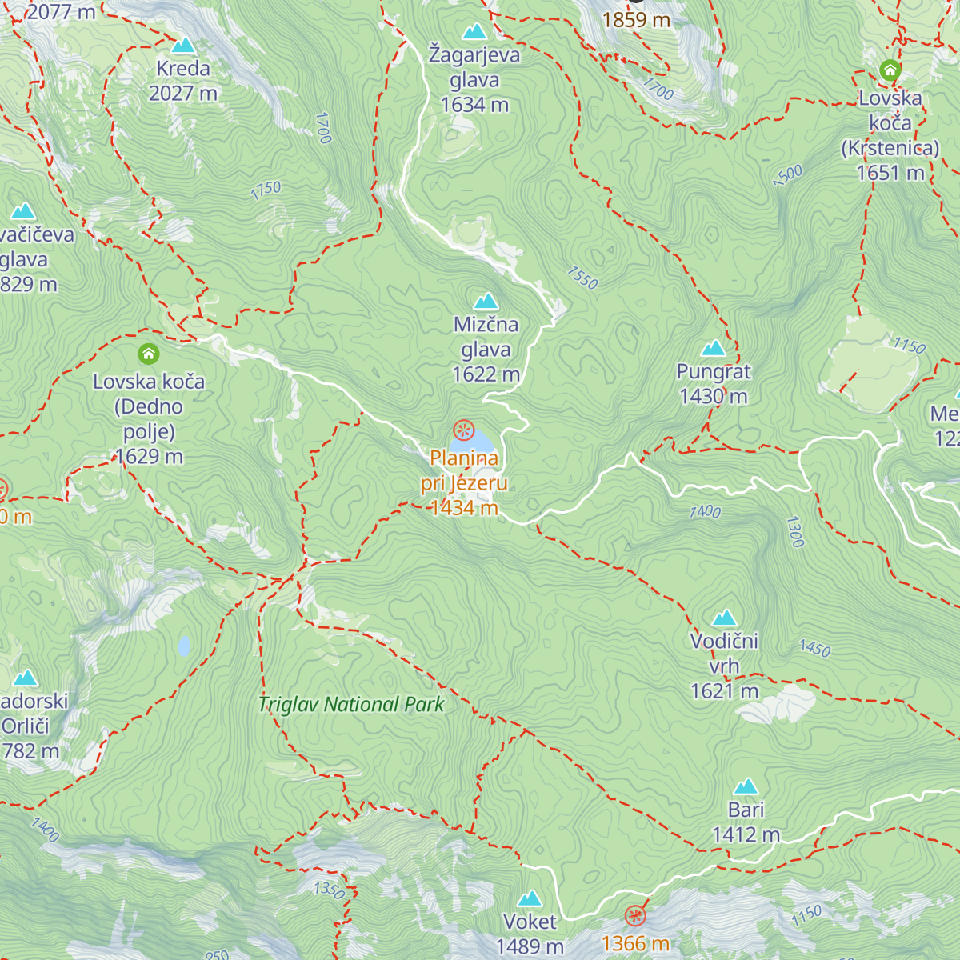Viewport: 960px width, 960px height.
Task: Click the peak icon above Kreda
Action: pyautogui.click(x=183, y=46)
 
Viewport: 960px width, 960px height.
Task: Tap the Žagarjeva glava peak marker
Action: pyautogui.click(x=474, y=32)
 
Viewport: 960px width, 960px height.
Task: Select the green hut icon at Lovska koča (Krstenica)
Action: pyautogui.click(x=890, y=70)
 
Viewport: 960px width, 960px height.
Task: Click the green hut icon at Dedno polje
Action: pyautogui.click(x=148, y=354)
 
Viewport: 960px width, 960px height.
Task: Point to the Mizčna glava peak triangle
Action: pyautogui.click(x=486, y=302)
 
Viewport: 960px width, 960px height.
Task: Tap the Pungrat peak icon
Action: pyautogui.click(x=713, y=348)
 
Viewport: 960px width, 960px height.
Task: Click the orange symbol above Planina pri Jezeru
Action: pyautogui.click(x=463, y=430)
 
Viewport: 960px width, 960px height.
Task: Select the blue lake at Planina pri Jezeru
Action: pyautogui.click(x=474, y=441)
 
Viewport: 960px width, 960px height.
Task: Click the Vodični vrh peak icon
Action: pyautogui.click(x=724, y=618)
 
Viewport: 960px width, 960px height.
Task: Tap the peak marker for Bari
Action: pyautogui.click(x=746, y=786)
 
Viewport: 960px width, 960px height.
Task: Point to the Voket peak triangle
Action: pyautogui.click(x=530, y=899)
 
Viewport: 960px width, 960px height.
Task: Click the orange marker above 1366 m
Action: pyautogui.click(x=635, y=915)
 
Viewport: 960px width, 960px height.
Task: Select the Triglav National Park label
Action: pyautogui.click(x=350, y=705)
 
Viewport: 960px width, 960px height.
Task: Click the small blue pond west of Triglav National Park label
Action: pyautogui.click(x=184, y=646)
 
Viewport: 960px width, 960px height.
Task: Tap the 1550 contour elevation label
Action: pyautogui.click(x=582, y=277)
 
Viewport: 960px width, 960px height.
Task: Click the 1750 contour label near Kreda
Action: pyautogui.click(x=266, y=190)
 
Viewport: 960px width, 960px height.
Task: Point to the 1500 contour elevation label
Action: pyautogui.click(x=788, y=175)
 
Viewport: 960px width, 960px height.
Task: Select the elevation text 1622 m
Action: pyautogui.click(x=486, y=374)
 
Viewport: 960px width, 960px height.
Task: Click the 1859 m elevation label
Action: pyautogui.click(x=636, y=20)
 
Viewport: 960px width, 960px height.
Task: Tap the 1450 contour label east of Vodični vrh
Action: pyautogui.click(x=814, y=648)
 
